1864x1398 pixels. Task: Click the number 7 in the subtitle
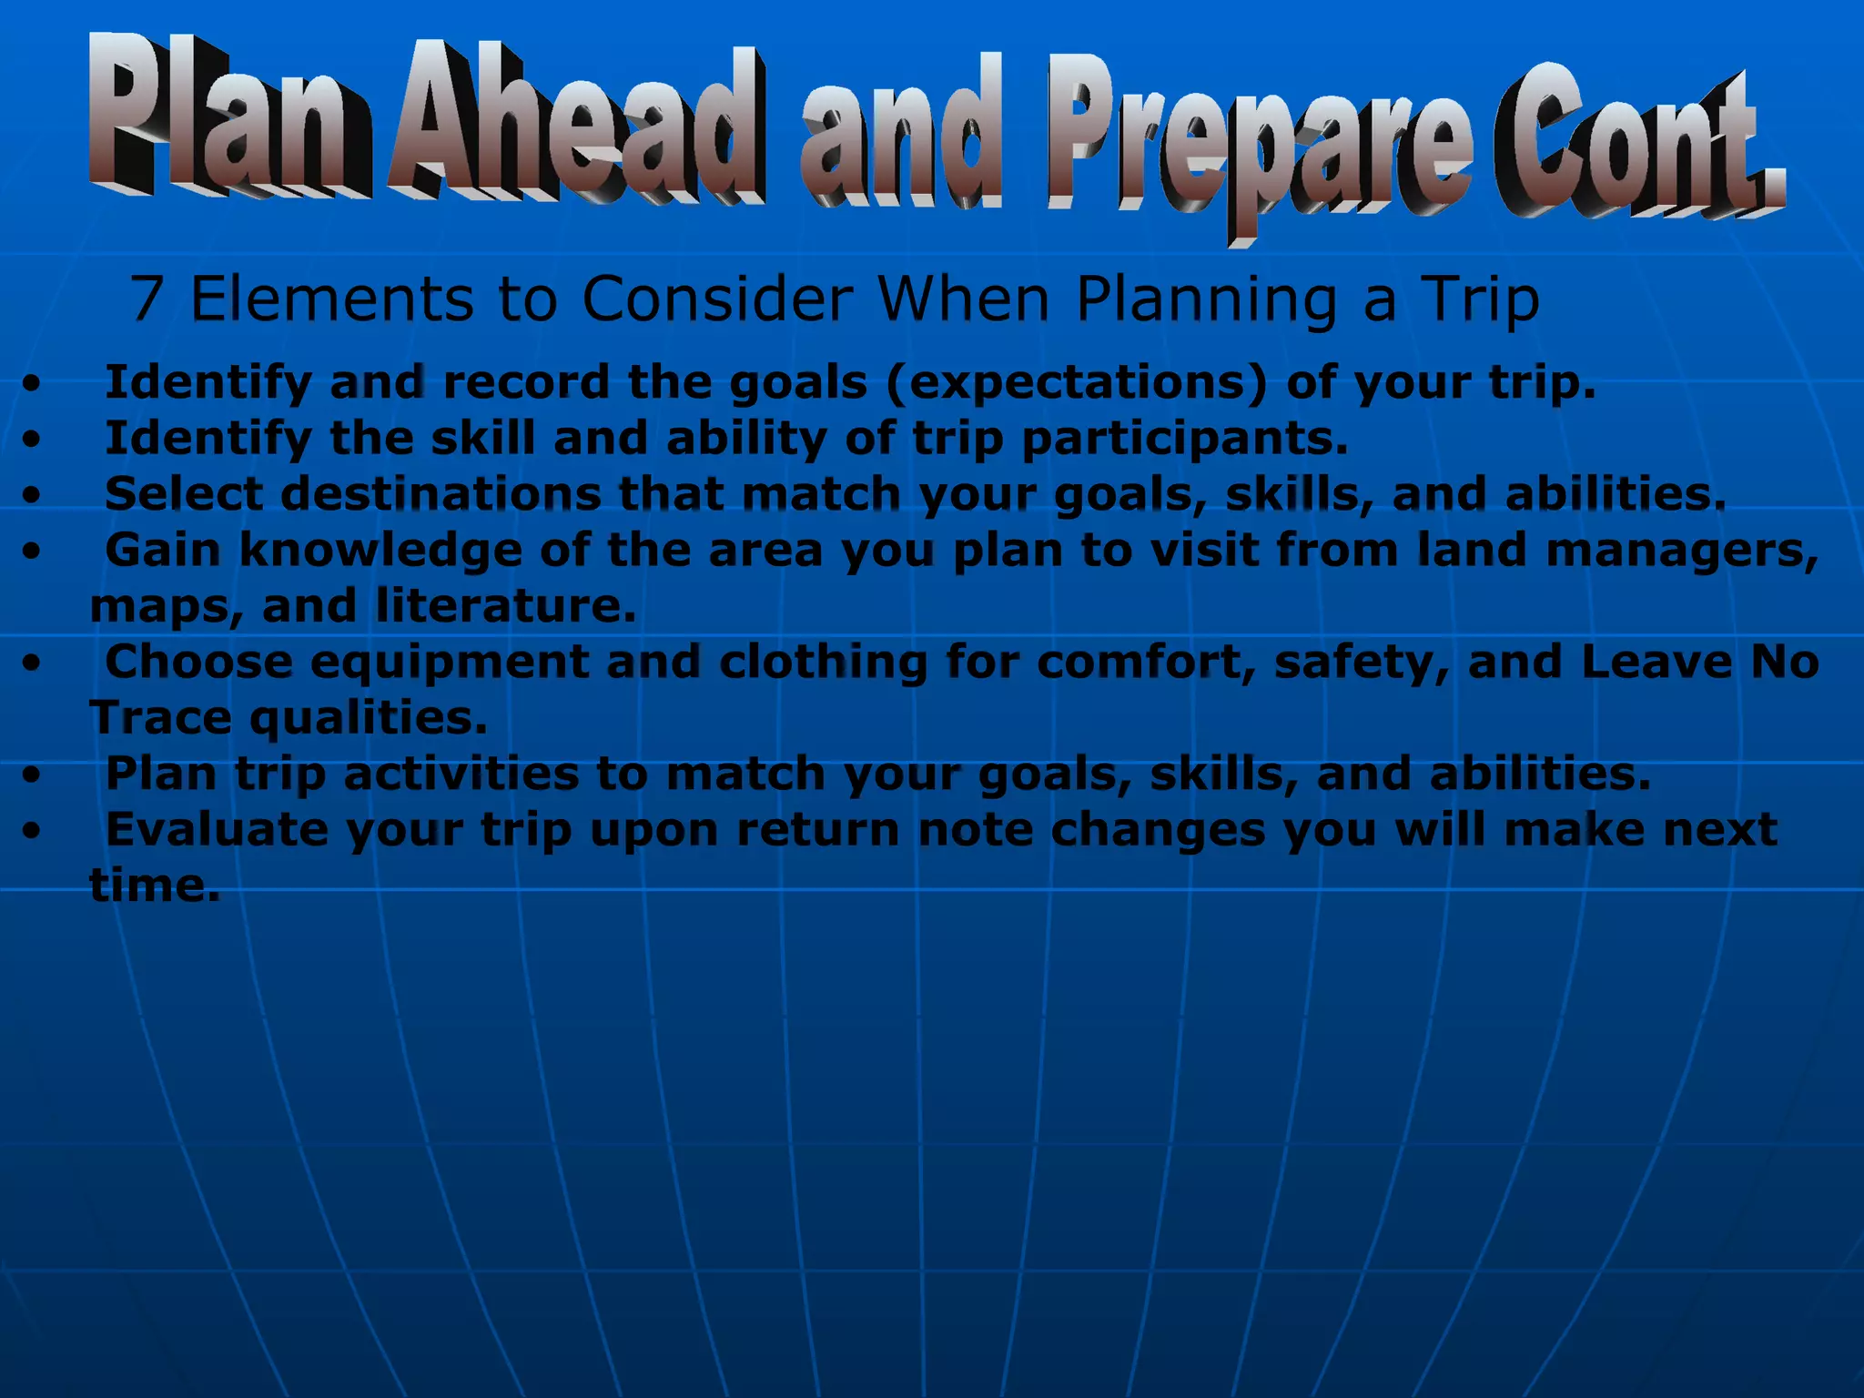(x=147, y=299)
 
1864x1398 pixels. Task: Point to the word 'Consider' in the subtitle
(x=717, y=299)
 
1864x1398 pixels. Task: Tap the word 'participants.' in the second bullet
(x=1184, y=439)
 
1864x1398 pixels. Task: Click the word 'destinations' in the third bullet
(x=441, y=494)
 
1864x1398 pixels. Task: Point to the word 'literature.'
(x=506, y=606)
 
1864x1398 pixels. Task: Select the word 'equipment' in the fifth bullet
(x=449, y=663)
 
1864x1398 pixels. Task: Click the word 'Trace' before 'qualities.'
(x=160, y=718)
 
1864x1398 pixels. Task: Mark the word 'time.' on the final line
(x=155, y=886)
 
